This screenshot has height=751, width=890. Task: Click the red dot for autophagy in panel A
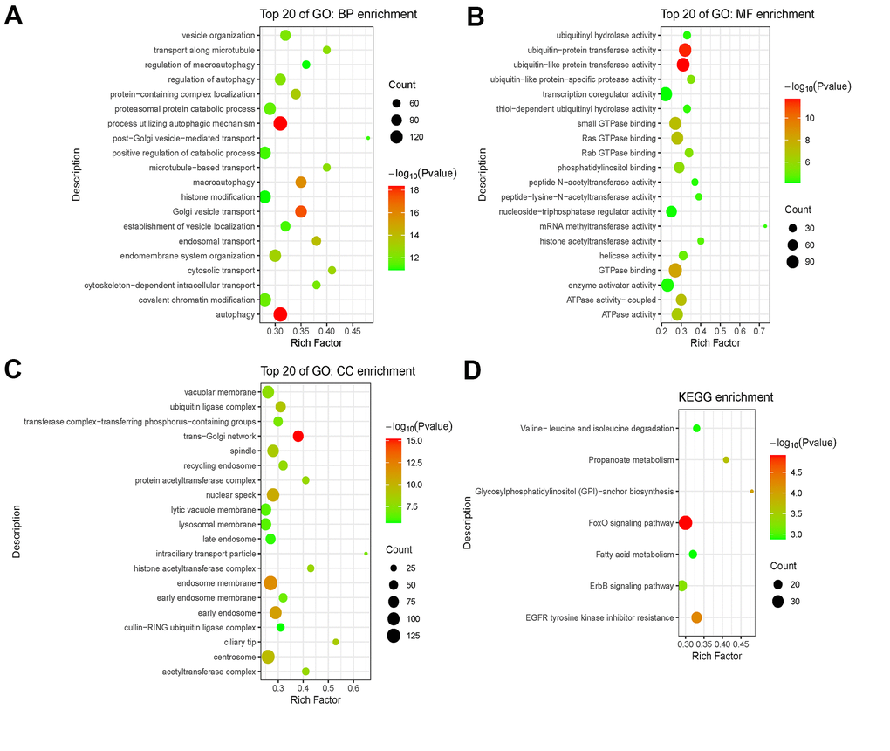280,314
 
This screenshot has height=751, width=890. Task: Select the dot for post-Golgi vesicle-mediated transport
368,138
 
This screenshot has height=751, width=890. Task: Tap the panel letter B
476,17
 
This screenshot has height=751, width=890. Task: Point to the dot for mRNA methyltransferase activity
765,226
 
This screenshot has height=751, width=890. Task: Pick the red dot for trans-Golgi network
298,436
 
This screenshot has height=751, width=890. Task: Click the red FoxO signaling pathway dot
685,523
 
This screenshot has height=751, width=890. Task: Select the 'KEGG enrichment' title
726,397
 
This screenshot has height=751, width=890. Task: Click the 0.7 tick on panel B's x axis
760,332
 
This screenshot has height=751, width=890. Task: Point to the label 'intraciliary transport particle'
206,554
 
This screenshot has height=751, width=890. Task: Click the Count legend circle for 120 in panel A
397,136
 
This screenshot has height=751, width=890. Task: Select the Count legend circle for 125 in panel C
394,636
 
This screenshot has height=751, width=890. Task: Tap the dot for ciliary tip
336,642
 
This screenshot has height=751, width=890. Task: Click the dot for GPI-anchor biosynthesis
751,492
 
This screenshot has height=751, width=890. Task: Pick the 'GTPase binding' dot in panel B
674,271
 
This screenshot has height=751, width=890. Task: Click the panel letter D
472,370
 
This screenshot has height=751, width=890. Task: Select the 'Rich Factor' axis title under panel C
315,699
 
